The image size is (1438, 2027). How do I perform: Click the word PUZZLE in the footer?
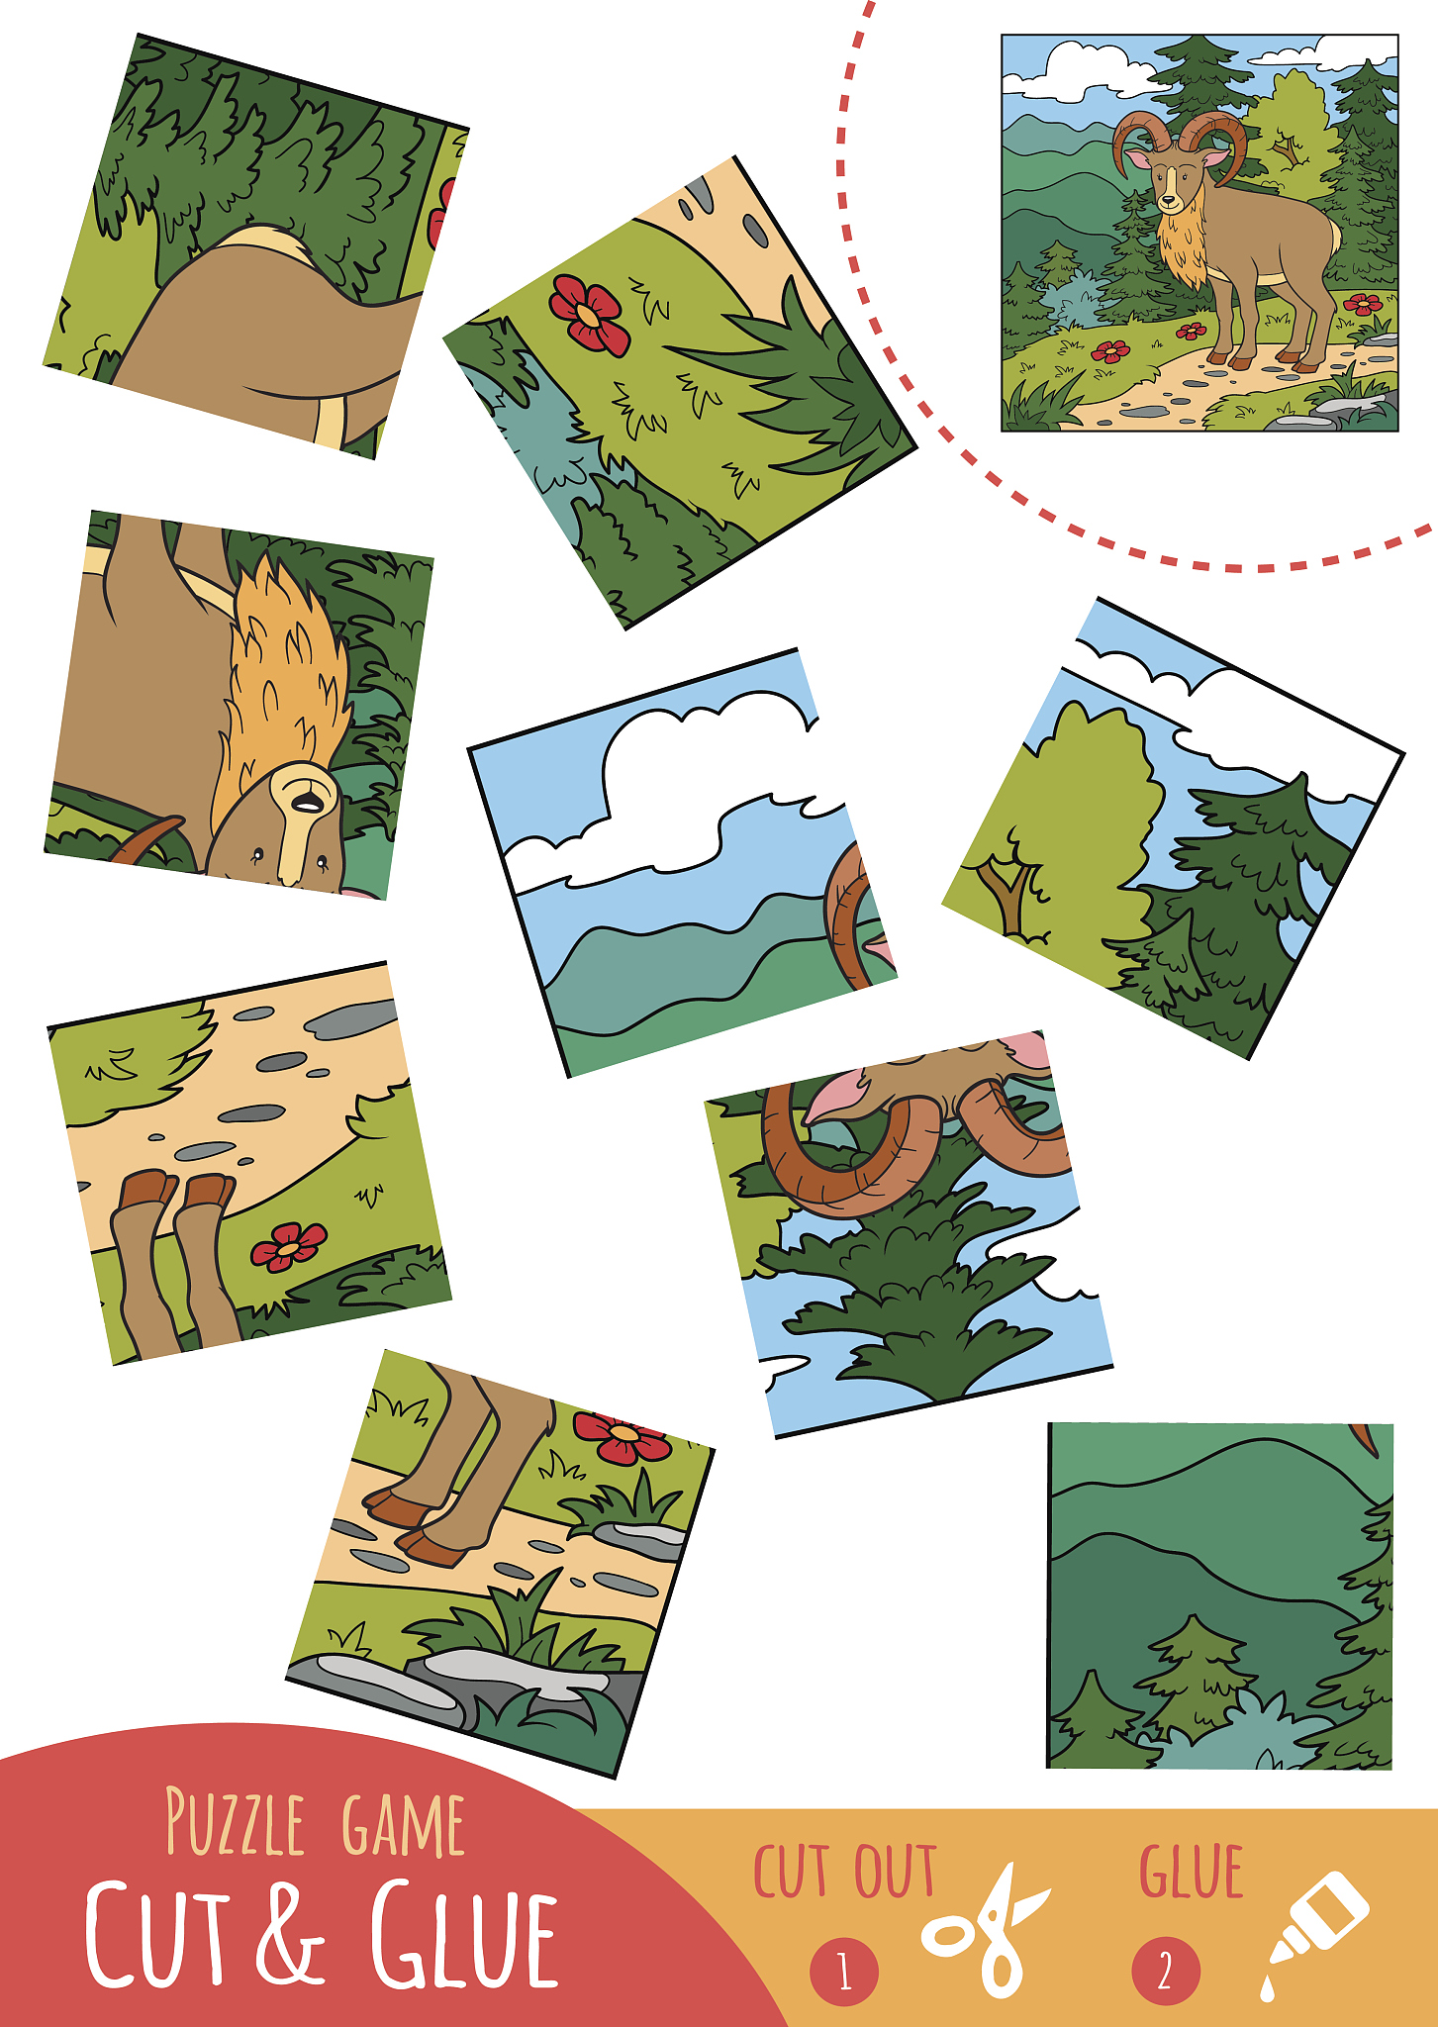(x=235, y=1822)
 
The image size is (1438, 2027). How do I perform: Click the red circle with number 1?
(x=844, y=1972)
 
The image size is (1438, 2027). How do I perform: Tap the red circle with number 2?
(x=1166, y=1972)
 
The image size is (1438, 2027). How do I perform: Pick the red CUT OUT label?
(x=844, y=1872)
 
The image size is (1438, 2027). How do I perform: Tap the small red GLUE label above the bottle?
(x=1191, y=1872)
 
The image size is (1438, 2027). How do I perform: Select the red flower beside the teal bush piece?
(x=590, y=315)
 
